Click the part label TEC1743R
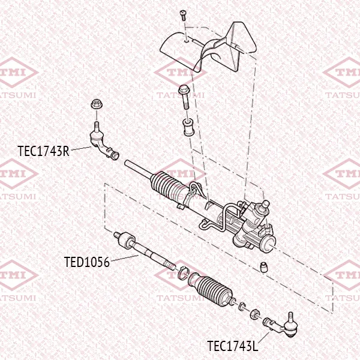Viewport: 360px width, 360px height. [43, 151]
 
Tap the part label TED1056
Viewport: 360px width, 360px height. [87, 262]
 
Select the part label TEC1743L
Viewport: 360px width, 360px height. [233, 346]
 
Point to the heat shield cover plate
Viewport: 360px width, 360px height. [208, 49]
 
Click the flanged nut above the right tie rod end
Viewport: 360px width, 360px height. [97, 104]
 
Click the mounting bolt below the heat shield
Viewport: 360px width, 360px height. [184, 97]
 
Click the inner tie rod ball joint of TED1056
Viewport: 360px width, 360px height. [125, 239]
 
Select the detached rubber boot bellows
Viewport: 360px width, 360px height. [211, 289]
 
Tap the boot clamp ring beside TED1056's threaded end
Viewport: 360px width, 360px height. [183, 273]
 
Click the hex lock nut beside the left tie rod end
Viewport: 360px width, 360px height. [254, 314]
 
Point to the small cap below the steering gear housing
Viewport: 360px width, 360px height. [264, 267]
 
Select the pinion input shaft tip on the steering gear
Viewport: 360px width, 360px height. [266, 203]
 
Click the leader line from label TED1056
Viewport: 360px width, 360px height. [125, 258]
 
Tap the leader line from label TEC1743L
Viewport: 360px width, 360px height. [263, 337]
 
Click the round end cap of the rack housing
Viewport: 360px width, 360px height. [269, 245]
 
